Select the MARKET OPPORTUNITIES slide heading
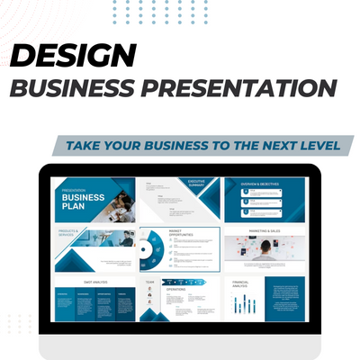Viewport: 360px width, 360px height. [x=181, y=232]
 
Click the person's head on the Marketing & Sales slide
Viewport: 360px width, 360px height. [x=267, y=246]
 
